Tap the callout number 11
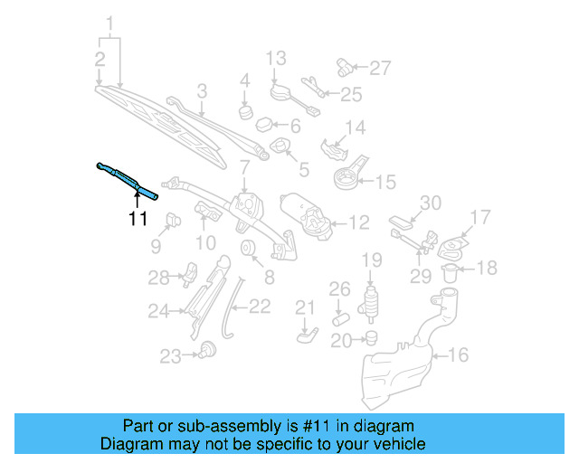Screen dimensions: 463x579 (x=137, y=218)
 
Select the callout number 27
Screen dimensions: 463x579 (x=380, y=67)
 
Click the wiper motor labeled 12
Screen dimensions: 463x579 (x=308, y=216)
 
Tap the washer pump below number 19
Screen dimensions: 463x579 (x=370, y=304)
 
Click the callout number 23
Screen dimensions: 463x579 (x=171, y=356)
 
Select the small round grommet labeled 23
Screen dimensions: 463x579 (x=208, y=349)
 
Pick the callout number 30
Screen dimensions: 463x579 (x=430, y=202)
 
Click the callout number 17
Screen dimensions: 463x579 (x=479, y=217)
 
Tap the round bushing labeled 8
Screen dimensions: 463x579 (x=246, y=249)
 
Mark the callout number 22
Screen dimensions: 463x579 (x=260, y=307)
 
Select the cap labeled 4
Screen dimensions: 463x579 (x=244, y=111)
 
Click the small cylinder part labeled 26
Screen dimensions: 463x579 (x=339, y=318)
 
